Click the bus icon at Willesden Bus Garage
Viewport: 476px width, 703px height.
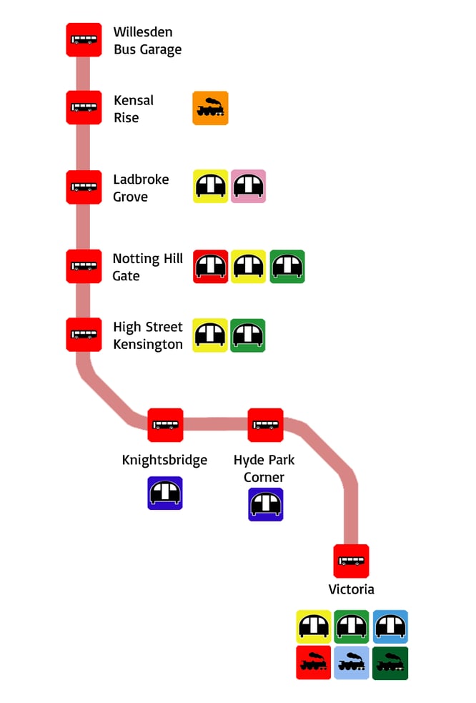(84, 40)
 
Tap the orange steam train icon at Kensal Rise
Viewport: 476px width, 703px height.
(210, 108)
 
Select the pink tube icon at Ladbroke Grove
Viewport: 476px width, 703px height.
(248, 187)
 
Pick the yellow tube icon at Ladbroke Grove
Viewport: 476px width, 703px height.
(210, 187)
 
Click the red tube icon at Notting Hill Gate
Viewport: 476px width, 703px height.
(210, 267)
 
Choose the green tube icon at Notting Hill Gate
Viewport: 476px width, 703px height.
(287, 267)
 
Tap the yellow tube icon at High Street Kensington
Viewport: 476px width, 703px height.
(210, 335)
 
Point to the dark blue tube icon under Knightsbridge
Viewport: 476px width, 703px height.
(165, 493)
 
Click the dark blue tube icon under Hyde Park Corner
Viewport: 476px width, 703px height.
(266, 504)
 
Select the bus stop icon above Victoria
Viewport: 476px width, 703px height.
(351, 561)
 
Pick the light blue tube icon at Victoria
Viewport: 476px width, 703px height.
(390, 627)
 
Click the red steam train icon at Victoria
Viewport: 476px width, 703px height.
(314, 663)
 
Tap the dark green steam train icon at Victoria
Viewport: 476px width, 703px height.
(390, 663)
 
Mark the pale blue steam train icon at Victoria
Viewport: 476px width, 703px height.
(352, 663)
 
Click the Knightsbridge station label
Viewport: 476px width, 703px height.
(164, 460)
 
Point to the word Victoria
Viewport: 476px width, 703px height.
(351, 590)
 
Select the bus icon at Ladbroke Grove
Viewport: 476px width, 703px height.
(84, 187)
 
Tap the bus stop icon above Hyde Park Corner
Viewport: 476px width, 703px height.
(266, 425)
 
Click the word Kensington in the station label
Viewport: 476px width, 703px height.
(147, 344)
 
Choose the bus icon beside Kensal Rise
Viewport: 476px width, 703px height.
(84, 108)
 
